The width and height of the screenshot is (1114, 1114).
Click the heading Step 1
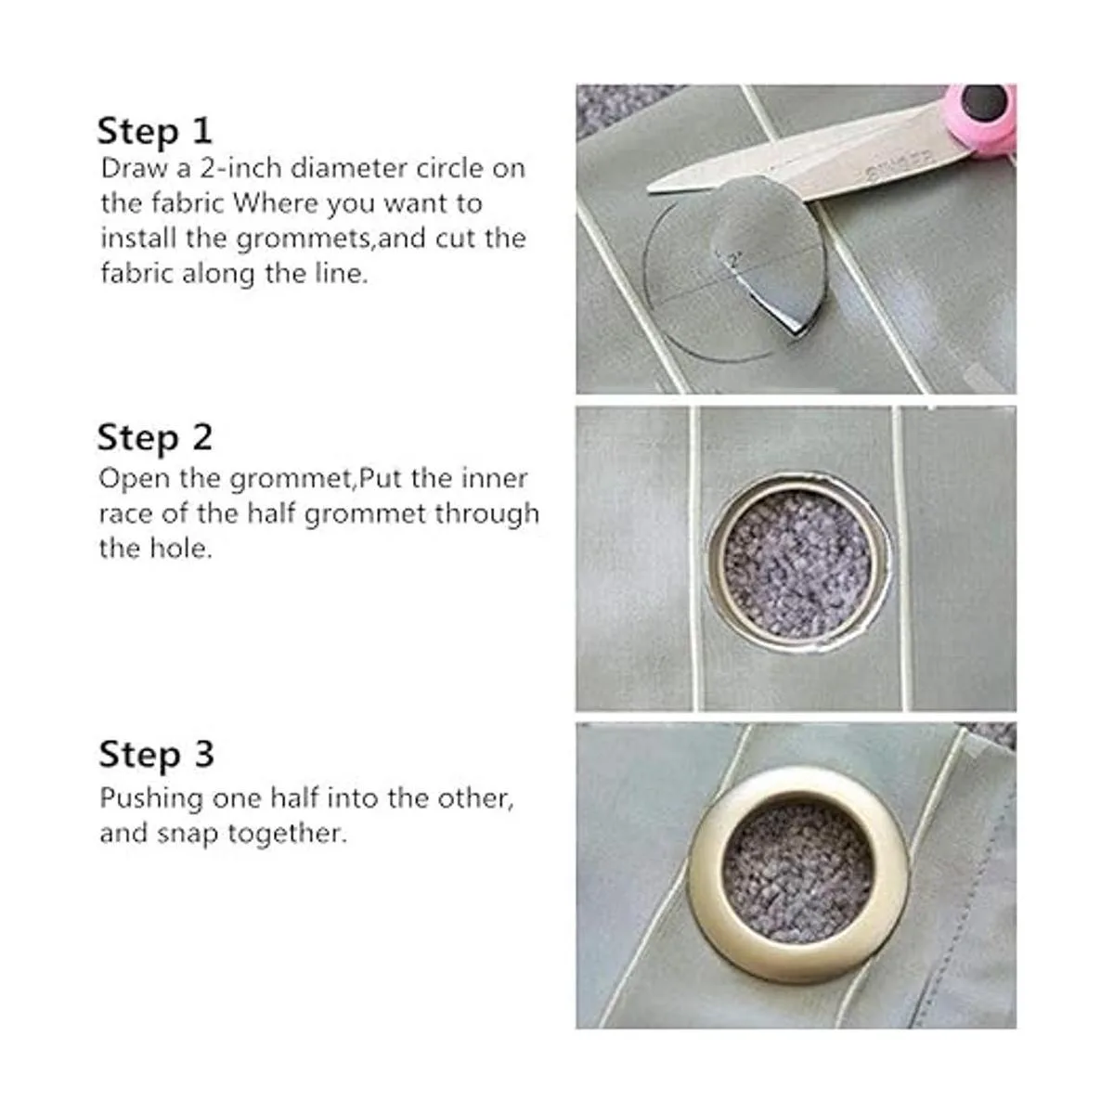tap(155, 132)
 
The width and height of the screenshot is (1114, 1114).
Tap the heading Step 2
tap(155, 438)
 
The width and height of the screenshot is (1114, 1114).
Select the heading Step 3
tap(157, 755)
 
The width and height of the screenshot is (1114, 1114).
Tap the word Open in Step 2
tap(134, 479)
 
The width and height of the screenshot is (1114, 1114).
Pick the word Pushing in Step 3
tap(151, 799)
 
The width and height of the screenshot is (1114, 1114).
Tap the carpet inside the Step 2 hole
tap(797, 563)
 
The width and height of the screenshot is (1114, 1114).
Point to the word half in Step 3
tap(295, 798)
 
